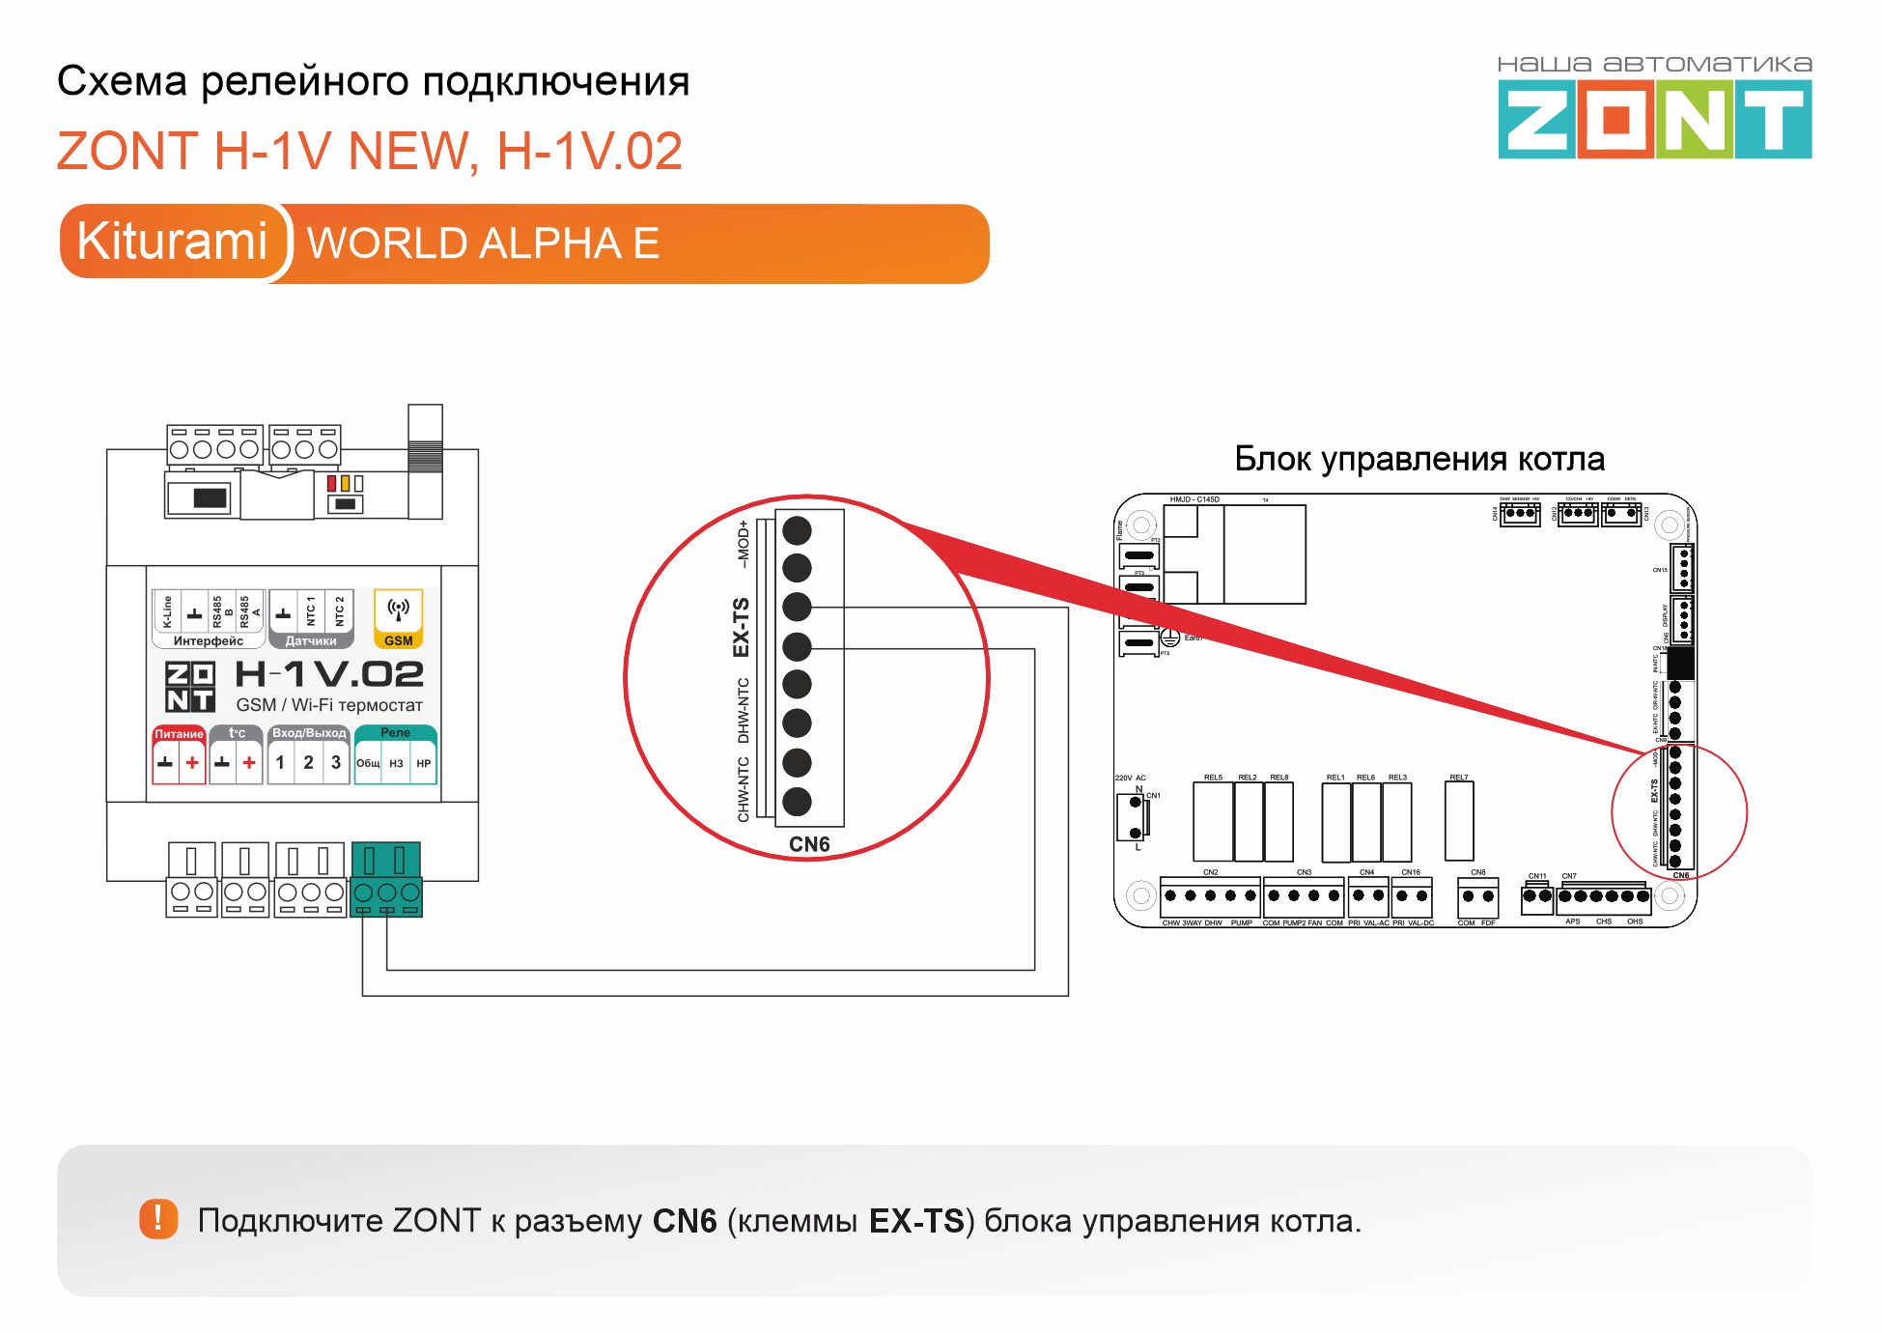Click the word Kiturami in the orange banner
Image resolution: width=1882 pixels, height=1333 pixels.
pos(172,241)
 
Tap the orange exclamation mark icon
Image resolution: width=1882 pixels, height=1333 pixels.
pos(158,1219)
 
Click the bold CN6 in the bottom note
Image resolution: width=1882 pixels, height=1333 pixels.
pos(684,1221)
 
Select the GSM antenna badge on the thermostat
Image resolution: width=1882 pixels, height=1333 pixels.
pos(398,619)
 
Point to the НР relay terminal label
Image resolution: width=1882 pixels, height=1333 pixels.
pos(423,763)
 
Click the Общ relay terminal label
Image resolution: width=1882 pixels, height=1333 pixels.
pos(368,763)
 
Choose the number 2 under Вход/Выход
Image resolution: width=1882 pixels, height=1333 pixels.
pos(308,762)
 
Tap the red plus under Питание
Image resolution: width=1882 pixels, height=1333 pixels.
pos(192,762)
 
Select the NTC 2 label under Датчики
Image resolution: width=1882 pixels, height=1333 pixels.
pos(339,610)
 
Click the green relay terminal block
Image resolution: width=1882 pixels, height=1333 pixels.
pos(386,879)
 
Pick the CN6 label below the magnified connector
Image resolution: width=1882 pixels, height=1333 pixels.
pos(808,844)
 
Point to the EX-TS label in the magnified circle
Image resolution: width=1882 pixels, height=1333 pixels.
pos(742,627)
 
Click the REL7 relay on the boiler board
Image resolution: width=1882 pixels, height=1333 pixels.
pos(1458,821)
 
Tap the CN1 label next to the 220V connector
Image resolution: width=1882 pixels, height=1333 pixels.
pos(1153,796)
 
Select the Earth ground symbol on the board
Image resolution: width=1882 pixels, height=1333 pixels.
pos(1169,638)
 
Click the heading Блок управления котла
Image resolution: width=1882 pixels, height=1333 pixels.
pos(1419,459)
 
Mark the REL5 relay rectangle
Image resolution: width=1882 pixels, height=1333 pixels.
pos(1213,821)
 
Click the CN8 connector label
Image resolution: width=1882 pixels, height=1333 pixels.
pos(1477,872)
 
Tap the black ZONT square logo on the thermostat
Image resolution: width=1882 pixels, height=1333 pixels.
pos(189,686)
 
